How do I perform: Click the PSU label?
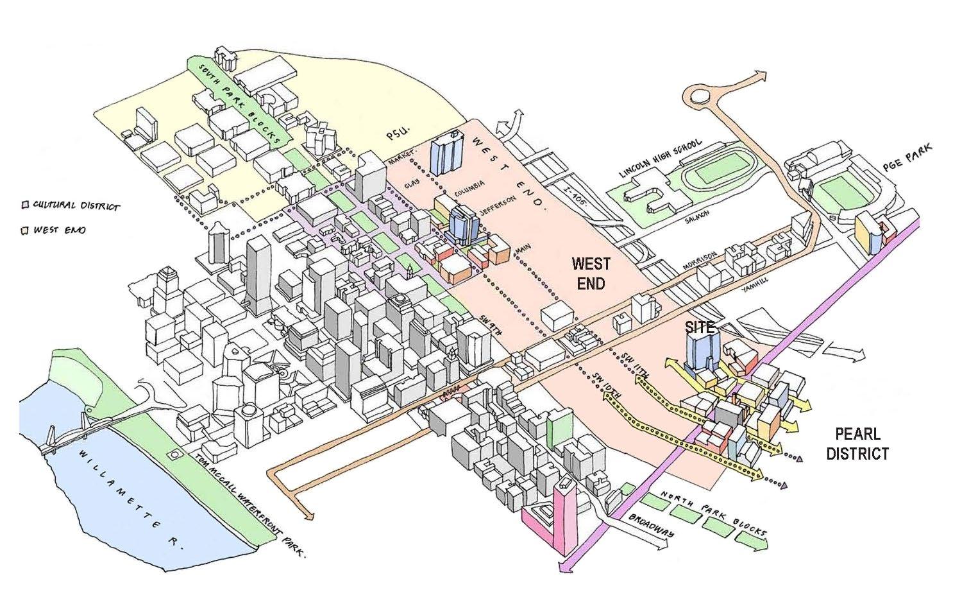[398, 136]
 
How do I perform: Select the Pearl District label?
[857, 444]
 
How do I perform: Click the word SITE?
[699, 327]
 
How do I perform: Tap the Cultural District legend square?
[25, 205]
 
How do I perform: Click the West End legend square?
[25, 229]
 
